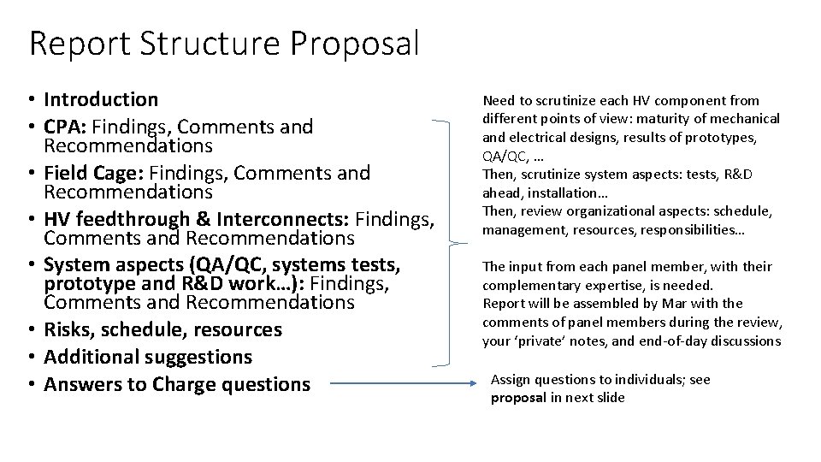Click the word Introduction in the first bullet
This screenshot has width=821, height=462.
coord(101,99)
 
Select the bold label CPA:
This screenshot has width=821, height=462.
coord(66,127)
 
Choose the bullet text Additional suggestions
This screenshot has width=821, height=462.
coord(148,357)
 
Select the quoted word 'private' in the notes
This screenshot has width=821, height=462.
coord(538,341)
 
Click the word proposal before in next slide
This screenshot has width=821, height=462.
coord(518,398)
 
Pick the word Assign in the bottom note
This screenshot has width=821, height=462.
coord(511,380)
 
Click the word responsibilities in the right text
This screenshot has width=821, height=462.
coord(702,229)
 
